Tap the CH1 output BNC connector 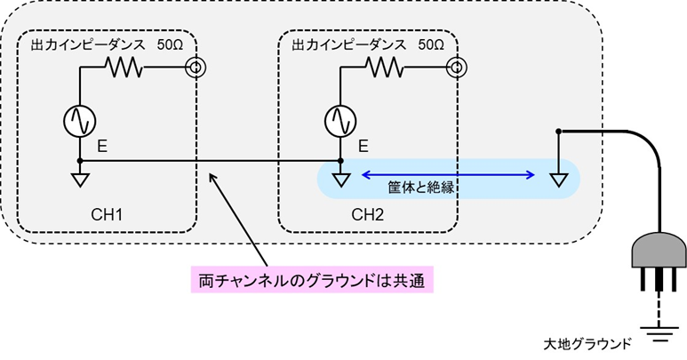193,68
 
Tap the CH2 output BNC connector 454,68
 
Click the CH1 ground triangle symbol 80,180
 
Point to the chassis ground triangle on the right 557,180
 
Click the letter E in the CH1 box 102,144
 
